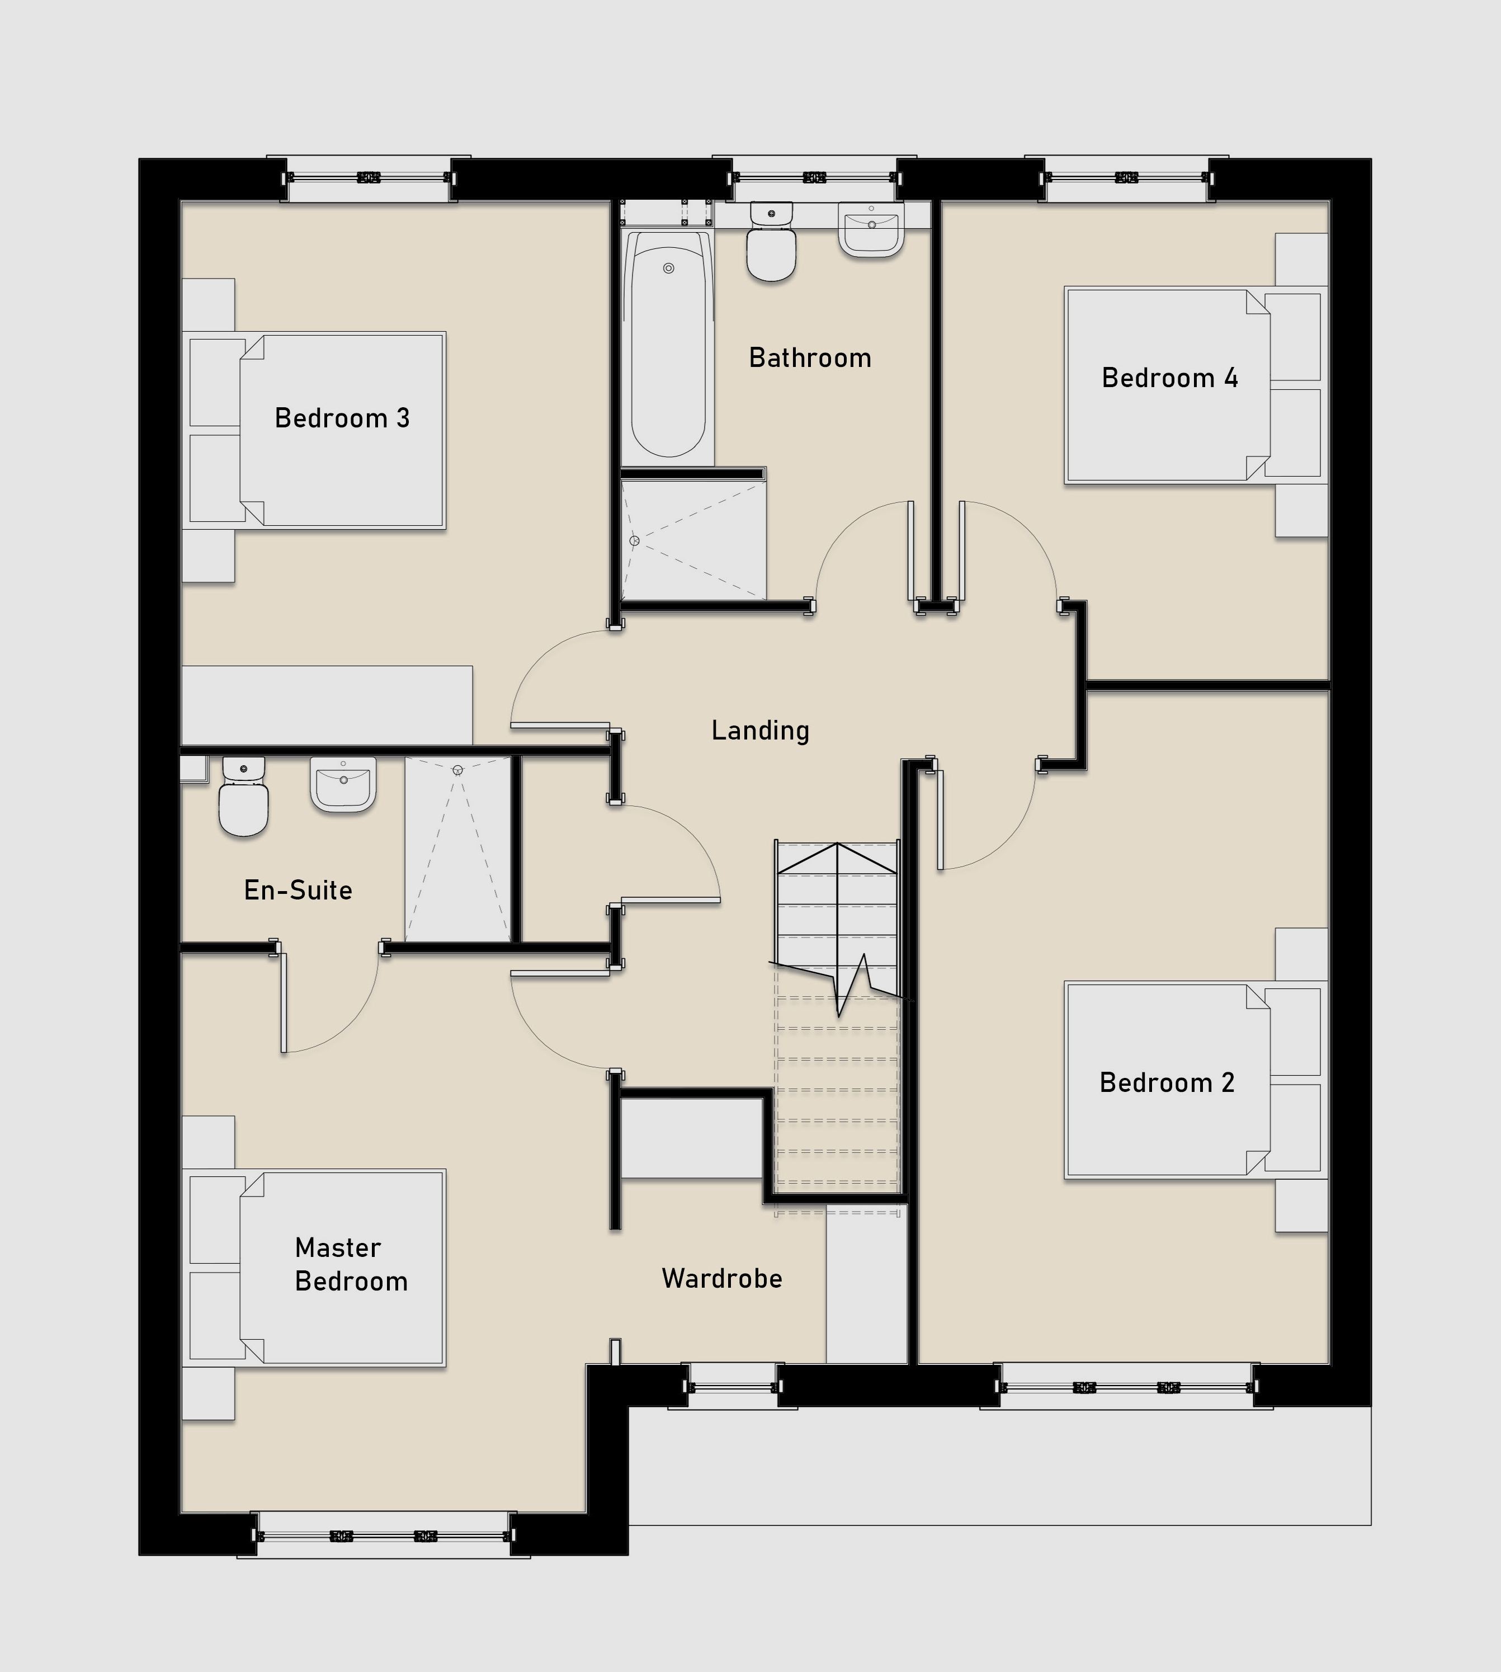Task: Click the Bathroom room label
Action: coord(810,358)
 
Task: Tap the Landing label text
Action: coord(761,731)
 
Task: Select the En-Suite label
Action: coord(299,890)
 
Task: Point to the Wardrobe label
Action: coord(721,1279)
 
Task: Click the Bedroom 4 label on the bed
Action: coord(1169,378)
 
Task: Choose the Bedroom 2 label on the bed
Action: coord(1167,1082)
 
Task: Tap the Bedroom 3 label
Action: coord(342,418)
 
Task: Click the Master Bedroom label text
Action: coord(351,1265)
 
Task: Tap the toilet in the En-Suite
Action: coord(243,797)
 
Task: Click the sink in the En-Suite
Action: coord(343,784)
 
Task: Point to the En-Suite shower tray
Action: coord(457,850)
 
